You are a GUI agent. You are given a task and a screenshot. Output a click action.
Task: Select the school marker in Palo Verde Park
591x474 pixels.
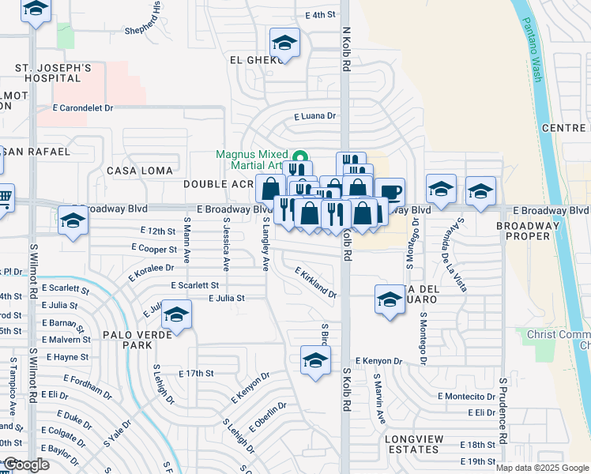[x=177, y=315]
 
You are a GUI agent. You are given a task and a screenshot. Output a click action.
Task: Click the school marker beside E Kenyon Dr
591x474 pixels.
[x=315, y=360]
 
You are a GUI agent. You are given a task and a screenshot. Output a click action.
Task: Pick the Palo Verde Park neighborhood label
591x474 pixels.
[x=126, y=340]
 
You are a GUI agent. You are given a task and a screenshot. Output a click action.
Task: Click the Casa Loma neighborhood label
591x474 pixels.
[x=134, y=171]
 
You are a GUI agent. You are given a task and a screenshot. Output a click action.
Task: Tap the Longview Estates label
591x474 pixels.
[x=420, y=443]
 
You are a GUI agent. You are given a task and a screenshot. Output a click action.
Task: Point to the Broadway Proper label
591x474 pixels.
[x=533, y=231]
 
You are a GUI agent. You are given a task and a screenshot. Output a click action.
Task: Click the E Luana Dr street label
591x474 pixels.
[x=314, y=116]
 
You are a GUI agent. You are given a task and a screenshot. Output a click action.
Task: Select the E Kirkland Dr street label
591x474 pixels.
[x=316, y=282]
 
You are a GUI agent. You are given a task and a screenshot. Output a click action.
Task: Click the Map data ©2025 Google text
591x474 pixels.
[x=541, y=468]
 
